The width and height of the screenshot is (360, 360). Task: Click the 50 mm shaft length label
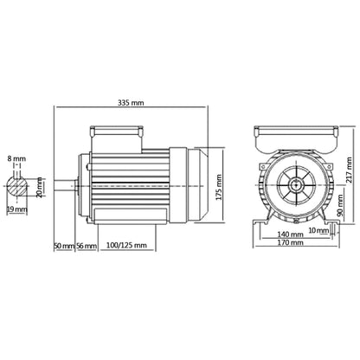tap(63, 246)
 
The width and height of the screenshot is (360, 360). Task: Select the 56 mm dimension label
tap(85, 246)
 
